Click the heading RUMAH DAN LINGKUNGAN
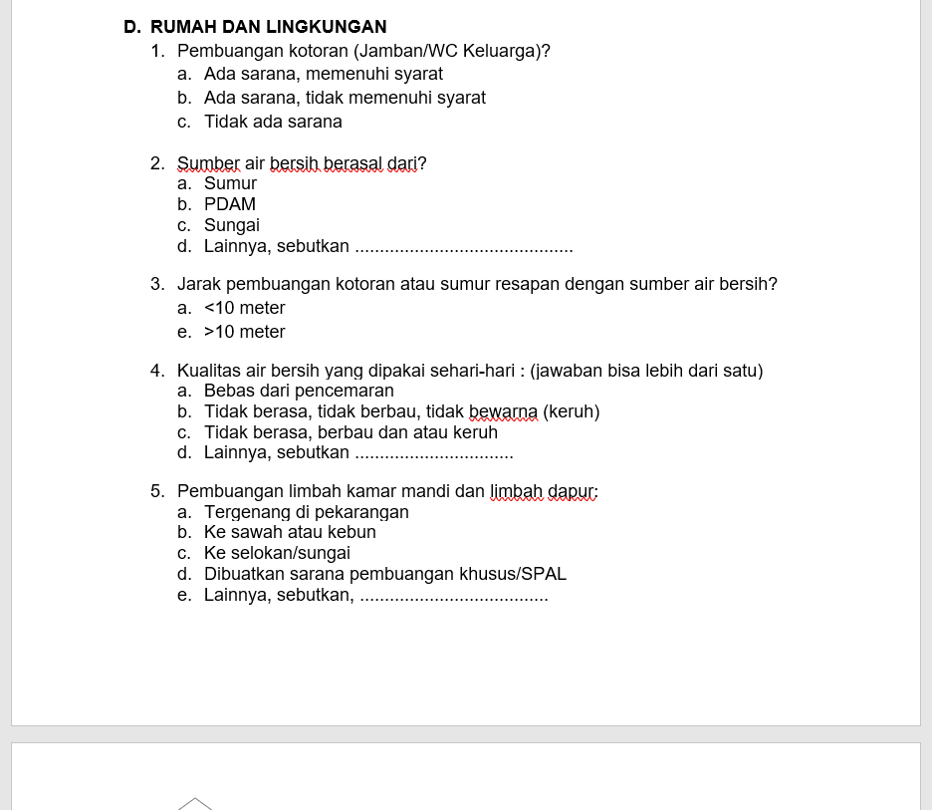tap(268, 27)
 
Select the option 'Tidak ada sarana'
tap(273, 122)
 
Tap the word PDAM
tap(230, 204)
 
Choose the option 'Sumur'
tap(230, 183)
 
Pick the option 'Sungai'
tap(232, 225)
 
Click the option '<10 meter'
tap(244, 308)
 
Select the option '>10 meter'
tap(244, 332)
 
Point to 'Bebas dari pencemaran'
tap(299, 391)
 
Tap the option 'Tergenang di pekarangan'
tap(307, 512)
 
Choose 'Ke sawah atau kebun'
tap(290, 532)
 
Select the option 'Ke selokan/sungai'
tap(277, 553)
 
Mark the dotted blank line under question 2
tap(464, 248)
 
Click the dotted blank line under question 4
tap(433, 455)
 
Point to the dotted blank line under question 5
tap(453, 598)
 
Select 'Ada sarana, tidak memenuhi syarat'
tap(345, 98)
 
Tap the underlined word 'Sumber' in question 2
tap(208, 162)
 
